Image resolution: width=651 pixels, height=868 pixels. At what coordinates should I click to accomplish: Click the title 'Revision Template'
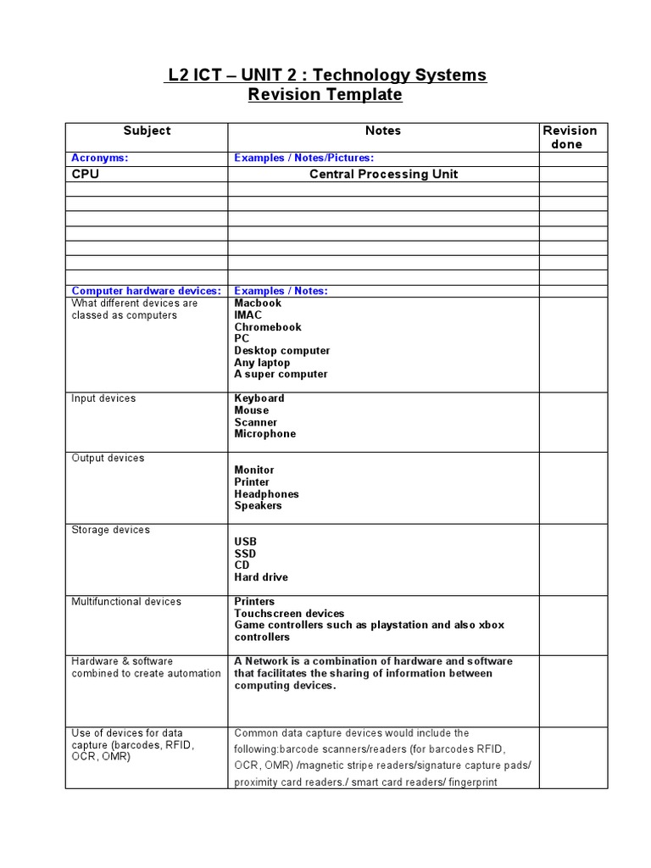[325, 95]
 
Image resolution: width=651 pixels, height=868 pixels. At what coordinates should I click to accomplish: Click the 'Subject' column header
[147, 131]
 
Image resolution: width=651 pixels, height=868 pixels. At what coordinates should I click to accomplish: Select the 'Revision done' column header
[570, 137]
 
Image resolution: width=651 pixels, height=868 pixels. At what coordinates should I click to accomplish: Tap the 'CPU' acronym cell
[86, 174]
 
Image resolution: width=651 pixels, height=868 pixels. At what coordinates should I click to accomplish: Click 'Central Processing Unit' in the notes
[383, 174]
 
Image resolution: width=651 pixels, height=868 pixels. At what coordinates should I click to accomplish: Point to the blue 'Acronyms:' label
[100, 158]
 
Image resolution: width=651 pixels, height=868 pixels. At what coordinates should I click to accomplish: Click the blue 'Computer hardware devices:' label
[146, 291]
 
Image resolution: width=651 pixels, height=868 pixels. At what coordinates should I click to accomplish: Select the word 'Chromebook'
[268, 327]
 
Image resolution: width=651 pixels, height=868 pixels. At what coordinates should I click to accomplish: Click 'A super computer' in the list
[281, 374]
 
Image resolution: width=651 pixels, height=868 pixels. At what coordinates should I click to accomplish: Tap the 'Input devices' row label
[103, 398]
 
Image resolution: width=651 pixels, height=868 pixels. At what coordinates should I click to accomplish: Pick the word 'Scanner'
[256, 422]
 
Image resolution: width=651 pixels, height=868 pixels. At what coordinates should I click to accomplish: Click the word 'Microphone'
[265, 434]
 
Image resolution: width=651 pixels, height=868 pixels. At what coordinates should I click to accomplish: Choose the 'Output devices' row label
[108, 458]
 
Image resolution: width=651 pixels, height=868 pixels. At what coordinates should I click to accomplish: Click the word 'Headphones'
[266, 494]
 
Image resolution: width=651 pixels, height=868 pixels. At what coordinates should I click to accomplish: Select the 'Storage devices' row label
[110, 530]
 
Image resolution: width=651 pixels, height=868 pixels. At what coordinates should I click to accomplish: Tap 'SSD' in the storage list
[245, 554]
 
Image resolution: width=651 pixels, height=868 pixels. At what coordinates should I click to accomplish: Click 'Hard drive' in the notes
[261, 577]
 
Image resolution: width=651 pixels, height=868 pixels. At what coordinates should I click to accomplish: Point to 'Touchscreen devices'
[289, 614]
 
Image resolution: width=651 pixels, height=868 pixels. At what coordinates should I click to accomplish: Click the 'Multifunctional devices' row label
[126, 602]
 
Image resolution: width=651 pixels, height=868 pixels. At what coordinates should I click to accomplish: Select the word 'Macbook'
[258, 303]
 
